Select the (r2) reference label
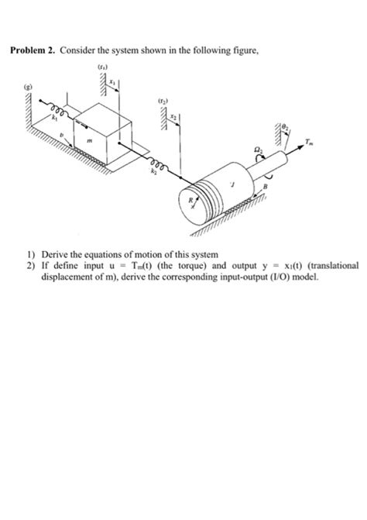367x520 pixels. (x=162, y=101)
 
